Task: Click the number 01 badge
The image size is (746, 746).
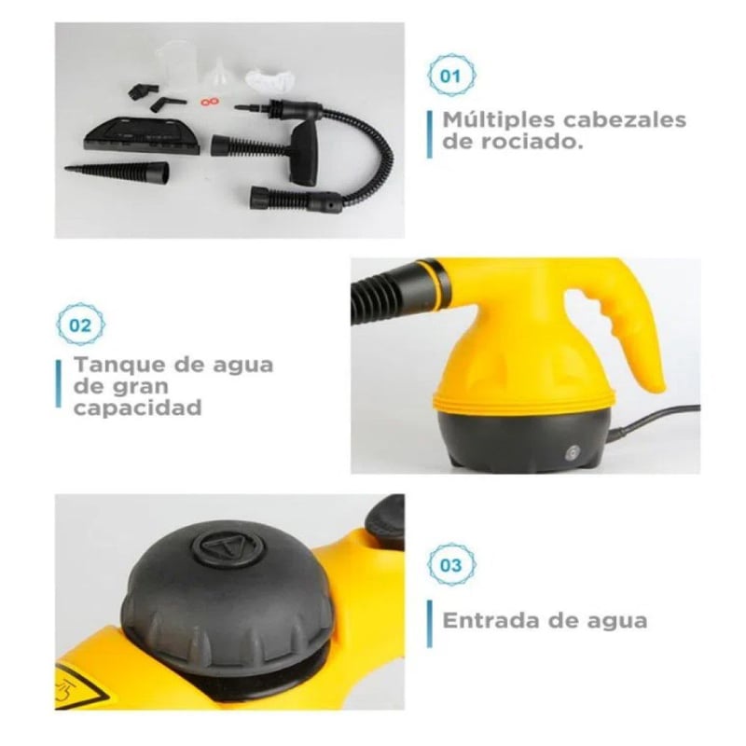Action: tap(451, 76)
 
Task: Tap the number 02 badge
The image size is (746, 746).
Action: tap(81, 325)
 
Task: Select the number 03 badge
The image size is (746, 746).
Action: tap(451, 565)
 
